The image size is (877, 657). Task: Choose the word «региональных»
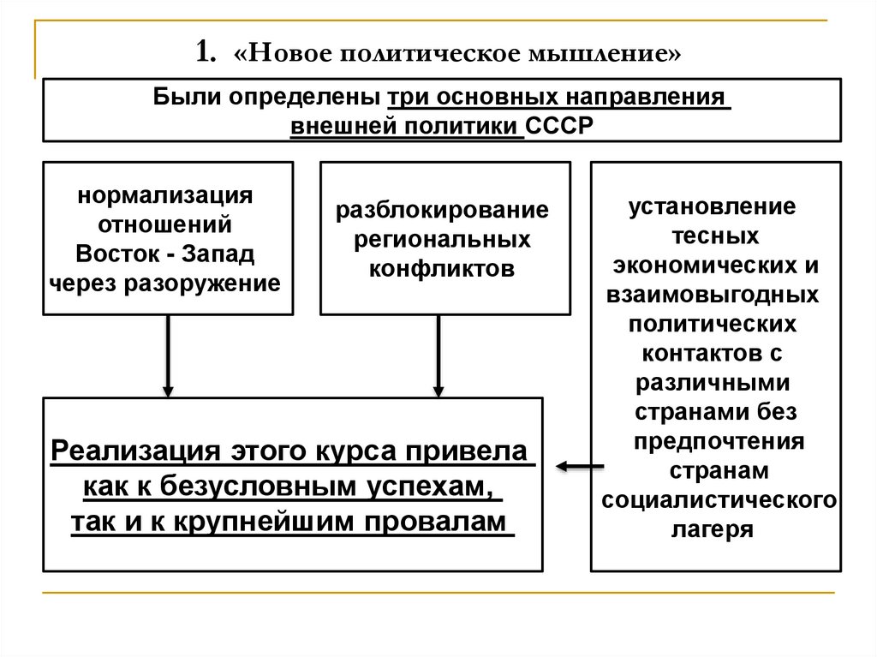442,239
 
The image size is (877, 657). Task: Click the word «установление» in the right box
713,206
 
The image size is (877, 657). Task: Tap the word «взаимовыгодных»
713,294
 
